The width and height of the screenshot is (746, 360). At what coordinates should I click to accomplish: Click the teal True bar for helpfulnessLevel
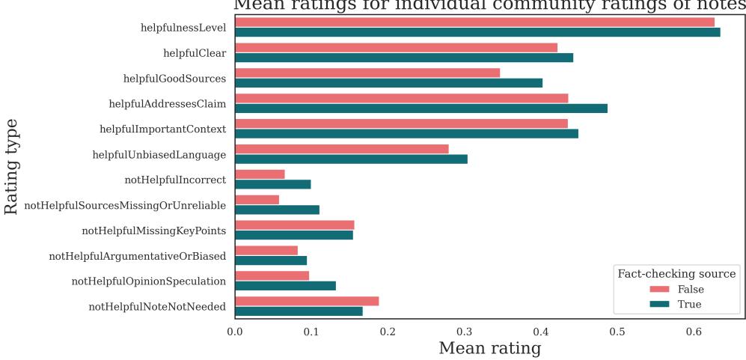477,32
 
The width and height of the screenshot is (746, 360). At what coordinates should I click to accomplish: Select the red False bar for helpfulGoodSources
367,73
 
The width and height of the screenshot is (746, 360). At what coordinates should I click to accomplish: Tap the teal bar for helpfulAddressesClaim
421,108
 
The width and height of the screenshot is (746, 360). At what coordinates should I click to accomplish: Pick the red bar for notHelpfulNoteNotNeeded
307,301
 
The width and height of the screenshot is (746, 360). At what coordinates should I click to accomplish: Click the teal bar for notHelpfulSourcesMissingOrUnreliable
277,210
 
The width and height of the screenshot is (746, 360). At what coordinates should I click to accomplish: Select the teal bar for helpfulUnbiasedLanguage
351,159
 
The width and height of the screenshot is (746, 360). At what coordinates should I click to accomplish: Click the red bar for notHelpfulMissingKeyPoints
295,225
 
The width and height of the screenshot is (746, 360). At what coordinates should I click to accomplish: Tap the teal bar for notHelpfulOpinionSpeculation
285,286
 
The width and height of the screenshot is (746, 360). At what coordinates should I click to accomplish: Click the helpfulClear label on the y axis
195,53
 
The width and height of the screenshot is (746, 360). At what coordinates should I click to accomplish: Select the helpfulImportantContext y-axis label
162,129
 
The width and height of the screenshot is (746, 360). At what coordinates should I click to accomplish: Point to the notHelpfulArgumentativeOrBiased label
137,256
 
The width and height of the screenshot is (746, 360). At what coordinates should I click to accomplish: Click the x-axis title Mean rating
489,348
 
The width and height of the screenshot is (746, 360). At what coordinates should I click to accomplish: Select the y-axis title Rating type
12,166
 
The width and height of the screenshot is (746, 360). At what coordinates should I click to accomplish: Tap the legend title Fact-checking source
676,273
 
